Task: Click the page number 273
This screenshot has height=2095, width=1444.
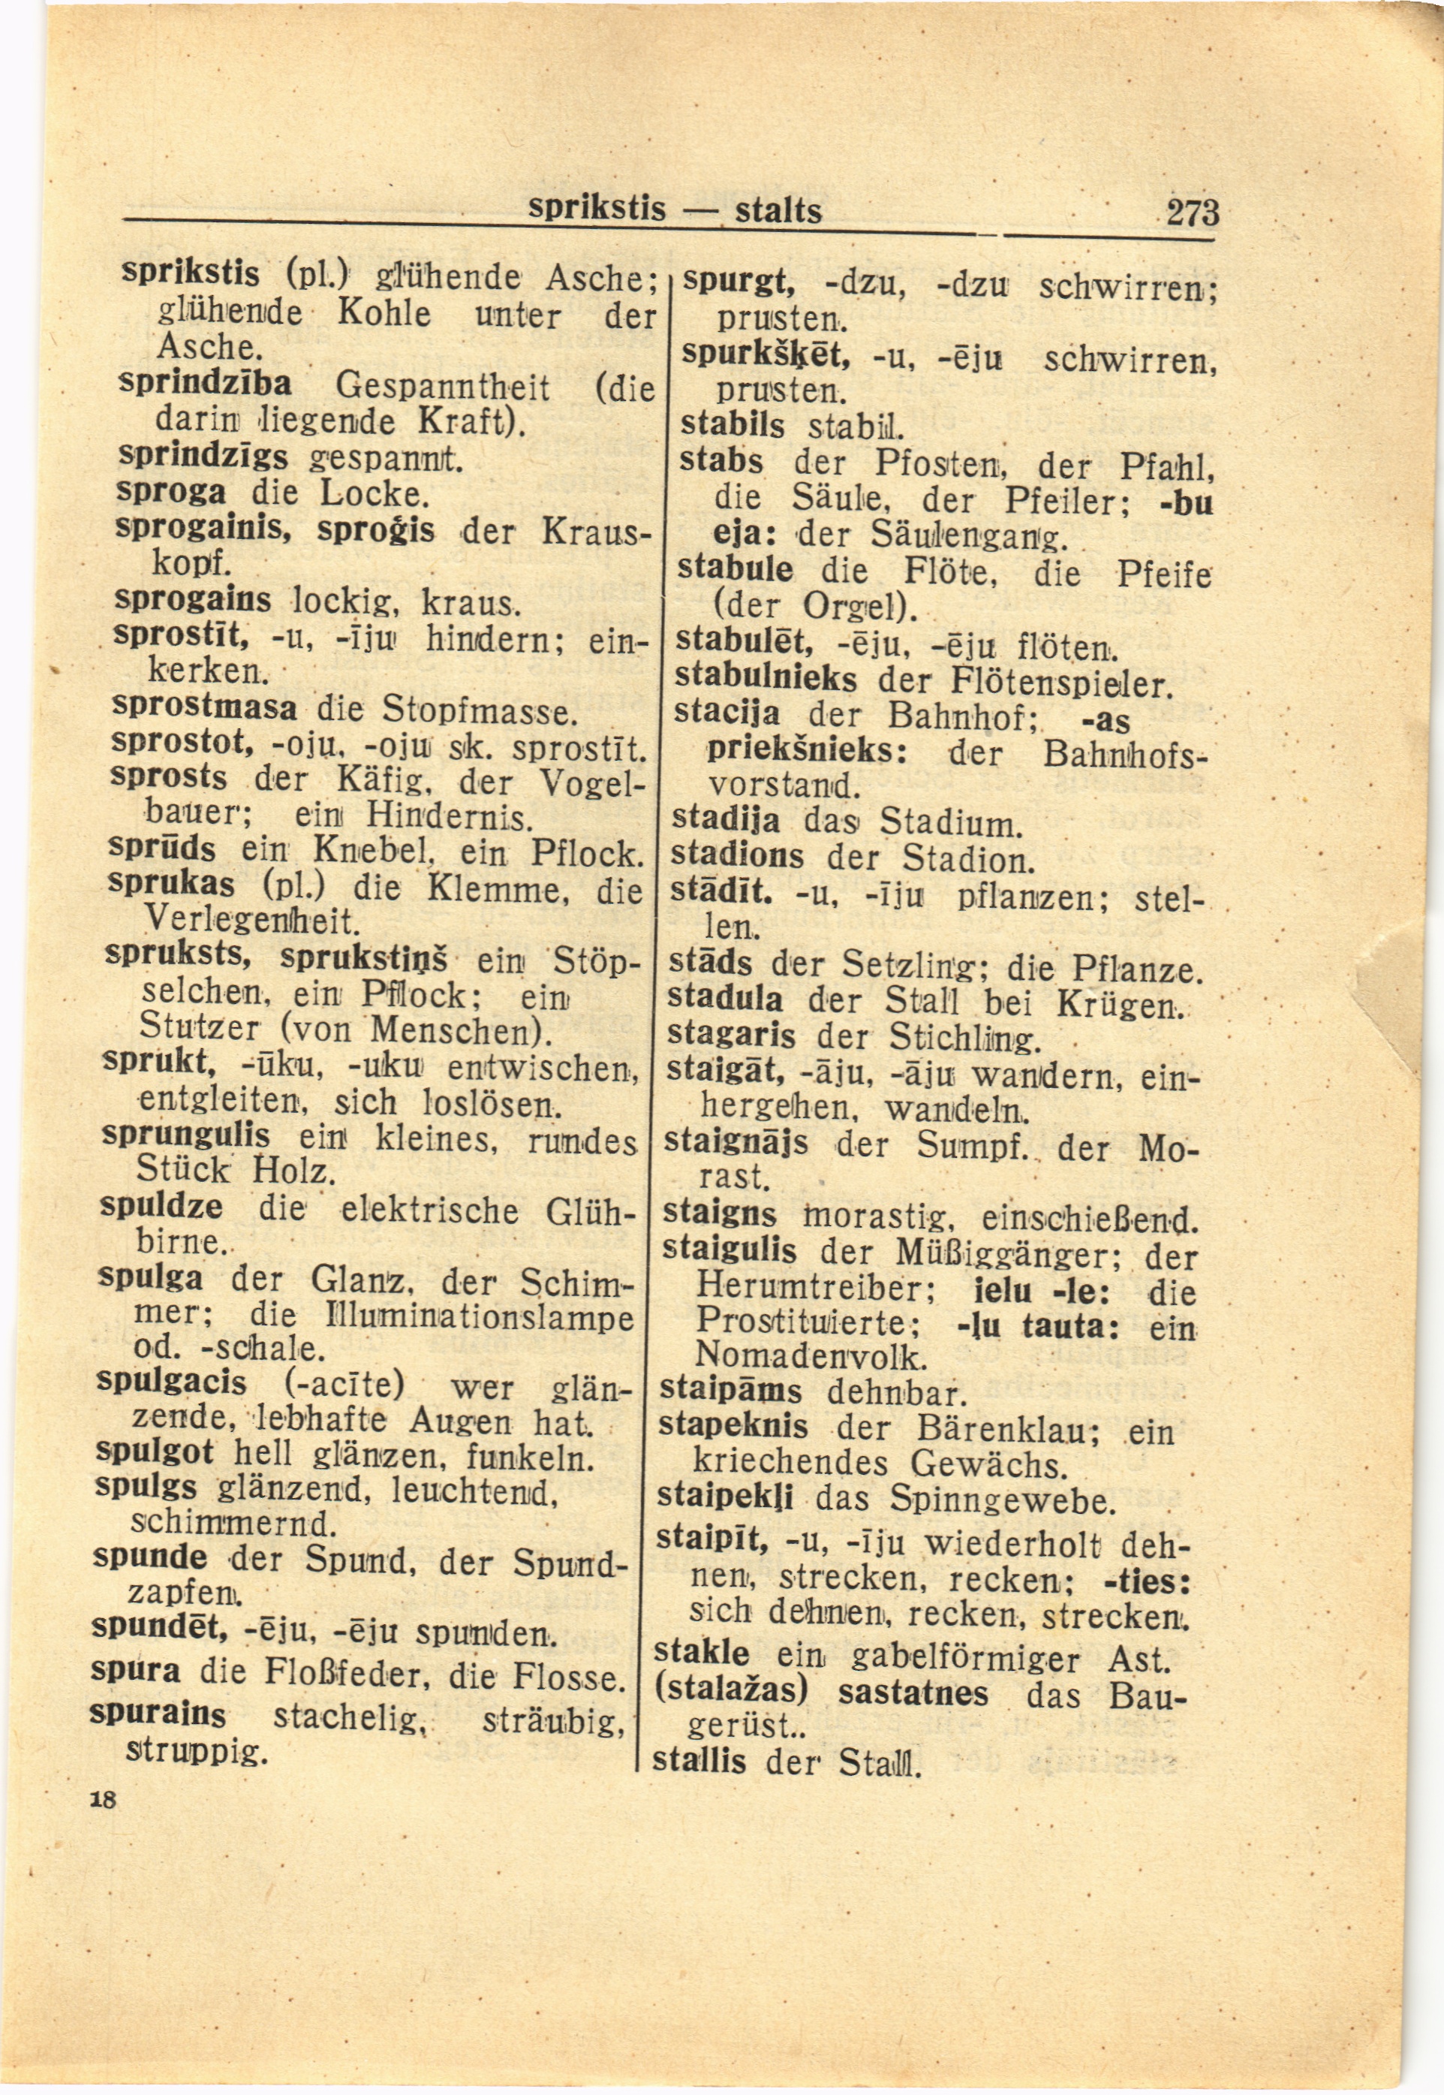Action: coord(1193,213)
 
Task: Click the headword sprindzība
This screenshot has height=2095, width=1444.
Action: coord(206,385)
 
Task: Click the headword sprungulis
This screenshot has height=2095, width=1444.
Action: coord(186,1134)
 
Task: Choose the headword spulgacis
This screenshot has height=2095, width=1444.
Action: coord(171,1382)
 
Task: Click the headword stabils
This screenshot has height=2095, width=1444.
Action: coord(733,424)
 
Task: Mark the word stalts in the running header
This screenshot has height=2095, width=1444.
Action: coord(778,211)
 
